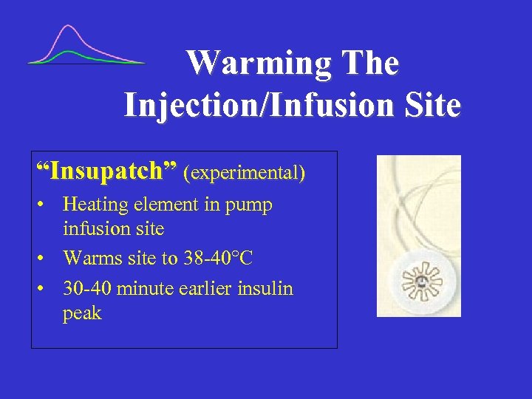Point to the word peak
point(81,314)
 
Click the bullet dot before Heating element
point(47,205)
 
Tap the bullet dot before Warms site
point(47,259)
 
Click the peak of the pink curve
point(69,27)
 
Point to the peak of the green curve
point(69,52)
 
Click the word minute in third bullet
point(148,288)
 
